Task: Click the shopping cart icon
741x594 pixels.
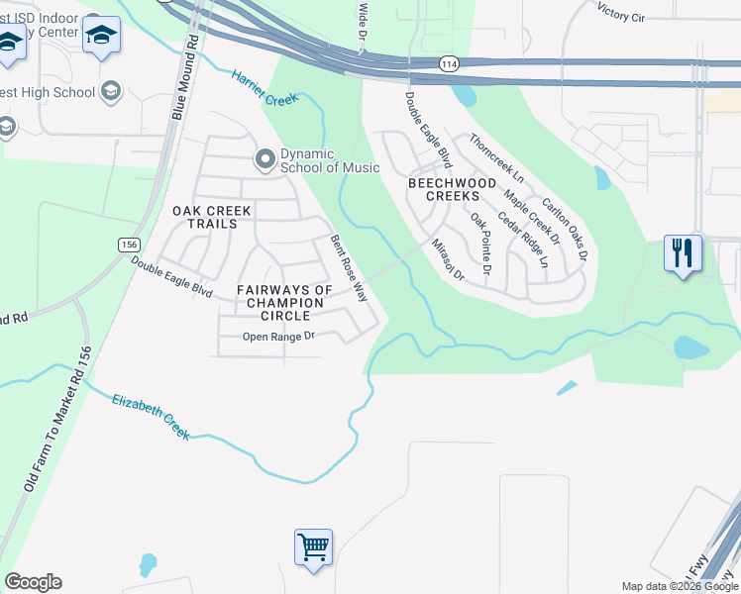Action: click(313, 546)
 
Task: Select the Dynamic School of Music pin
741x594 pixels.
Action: click(265, 158)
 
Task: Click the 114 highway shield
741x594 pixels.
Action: click(449, 63)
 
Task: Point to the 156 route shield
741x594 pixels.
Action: click(129, 245)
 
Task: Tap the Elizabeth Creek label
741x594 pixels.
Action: click(149, 415)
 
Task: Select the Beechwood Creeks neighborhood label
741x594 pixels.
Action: click(445, 189)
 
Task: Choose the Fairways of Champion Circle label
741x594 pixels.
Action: click(284, 302)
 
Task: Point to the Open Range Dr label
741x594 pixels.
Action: click(278, 337)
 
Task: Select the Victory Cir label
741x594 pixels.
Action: click(628, 11)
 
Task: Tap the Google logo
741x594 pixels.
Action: click(33, 582)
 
